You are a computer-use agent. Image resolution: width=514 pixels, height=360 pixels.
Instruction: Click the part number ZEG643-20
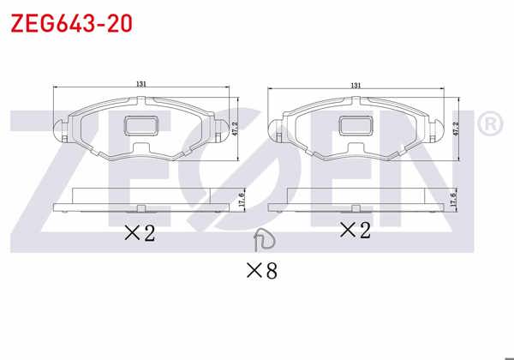[x=71, y=23]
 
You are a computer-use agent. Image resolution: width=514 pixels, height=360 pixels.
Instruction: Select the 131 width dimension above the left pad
[x=141, y=83]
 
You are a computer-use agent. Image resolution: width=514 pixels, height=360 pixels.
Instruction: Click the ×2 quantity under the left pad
[x=139, y=232]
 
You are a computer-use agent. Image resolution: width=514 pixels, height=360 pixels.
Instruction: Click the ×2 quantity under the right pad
[x=355, y=229]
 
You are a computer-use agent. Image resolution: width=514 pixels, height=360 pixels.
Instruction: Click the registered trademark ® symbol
[x=488, y=125]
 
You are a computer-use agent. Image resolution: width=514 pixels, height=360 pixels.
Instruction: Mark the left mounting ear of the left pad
[x=60, y=131]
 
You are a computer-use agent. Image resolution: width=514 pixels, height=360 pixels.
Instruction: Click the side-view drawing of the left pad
[x=141, y=201]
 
